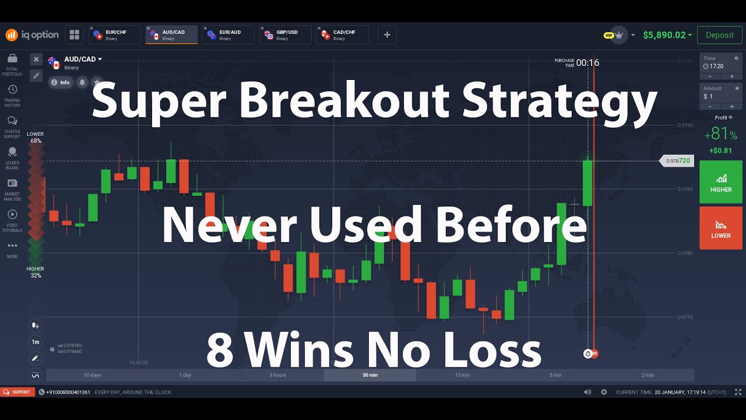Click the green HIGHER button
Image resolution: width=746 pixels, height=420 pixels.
click(x=720, y=182)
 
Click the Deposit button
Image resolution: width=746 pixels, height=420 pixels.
click(x=719, y=35)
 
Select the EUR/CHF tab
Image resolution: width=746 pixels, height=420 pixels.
click(x=115, y=35)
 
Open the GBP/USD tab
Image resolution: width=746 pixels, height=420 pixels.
click(x=286, y=35)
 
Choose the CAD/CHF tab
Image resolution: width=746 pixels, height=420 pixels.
click(x=343, y=35)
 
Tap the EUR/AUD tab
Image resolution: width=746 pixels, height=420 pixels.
click(x=228, y=35)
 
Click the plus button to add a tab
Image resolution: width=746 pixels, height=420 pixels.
click(x=387, y=35)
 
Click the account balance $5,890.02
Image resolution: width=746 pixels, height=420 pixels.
click(x=664, y=35)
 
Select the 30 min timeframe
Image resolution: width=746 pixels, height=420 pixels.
click(x=370, y=375)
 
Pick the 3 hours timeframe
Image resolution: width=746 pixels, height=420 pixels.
click(x=277, y=375)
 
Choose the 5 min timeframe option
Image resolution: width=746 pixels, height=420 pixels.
click(x=555, y=375)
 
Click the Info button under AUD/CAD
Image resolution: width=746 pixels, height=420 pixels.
click(x=60, y=82)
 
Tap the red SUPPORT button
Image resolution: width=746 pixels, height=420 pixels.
click(x=17, y=392)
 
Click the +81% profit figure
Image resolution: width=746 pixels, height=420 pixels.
click(x=720, y=134)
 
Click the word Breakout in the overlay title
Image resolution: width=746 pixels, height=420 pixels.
click(x=344, y=100)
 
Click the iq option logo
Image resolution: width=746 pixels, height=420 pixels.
click(x=33, y=35)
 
